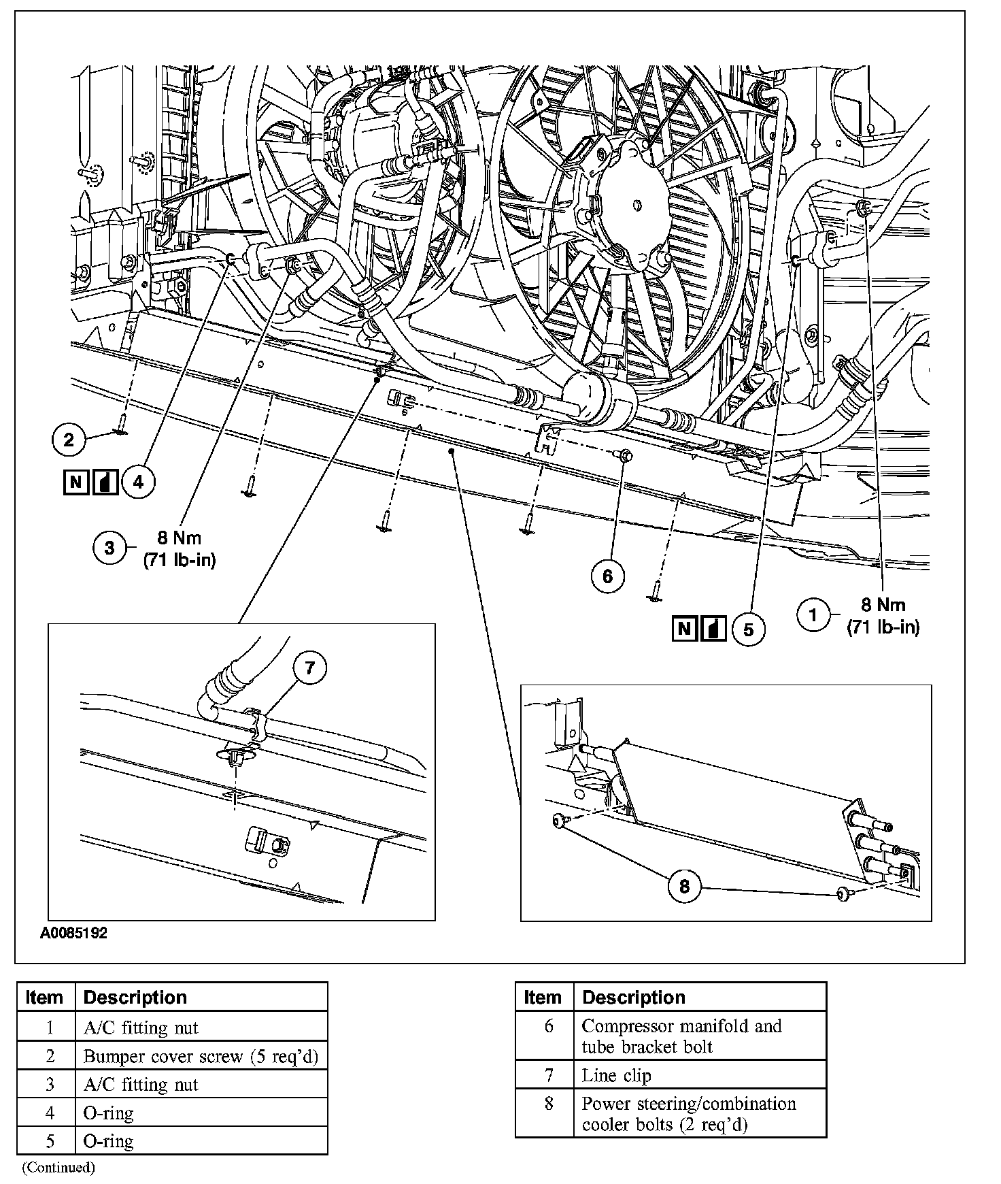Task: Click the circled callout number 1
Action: (813, 615)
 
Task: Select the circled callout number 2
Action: (69, 440)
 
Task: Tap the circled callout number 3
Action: (110, 547)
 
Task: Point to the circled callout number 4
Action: (138, 482)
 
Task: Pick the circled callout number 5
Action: (748, 629)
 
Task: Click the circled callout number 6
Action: (607, 576)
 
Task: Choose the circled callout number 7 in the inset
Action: (310, 668)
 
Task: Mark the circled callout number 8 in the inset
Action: (684, 885)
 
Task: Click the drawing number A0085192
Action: (73, 933)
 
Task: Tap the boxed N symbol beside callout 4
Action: (75, 482)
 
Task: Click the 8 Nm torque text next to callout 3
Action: (180, 538)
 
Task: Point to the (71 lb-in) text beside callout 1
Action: (883, 627)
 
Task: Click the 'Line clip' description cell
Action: (616, 1075)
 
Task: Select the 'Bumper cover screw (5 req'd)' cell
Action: (201, 1056)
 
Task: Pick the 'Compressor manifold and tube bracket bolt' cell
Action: (681, 1036)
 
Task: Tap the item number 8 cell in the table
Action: (548, 1104)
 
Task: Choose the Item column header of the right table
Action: (543, 998)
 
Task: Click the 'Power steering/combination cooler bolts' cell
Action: (688, 1113)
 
